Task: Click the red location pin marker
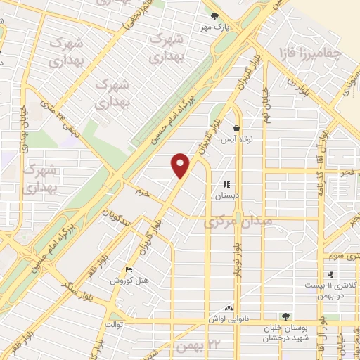click(181, 165)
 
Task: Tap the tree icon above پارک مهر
click(215, 16)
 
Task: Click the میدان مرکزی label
click(233, 224)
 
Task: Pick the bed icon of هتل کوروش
click(127, 270)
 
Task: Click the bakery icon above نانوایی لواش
click(229, 308)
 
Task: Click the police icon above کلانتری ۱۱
click(330, 274)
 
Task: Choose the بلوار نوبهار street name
click(238, 257)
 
